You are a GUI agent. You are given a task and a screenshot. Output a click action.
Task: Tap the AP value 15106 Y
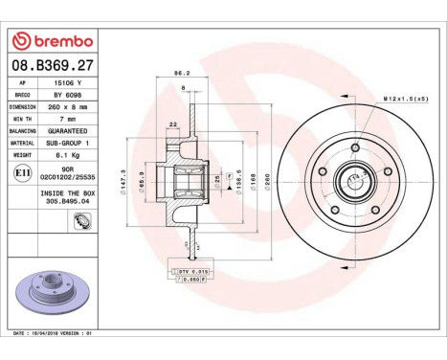point(69,85)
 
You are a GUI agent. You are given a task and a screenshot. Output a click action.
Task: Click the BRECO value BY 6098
point(69,96)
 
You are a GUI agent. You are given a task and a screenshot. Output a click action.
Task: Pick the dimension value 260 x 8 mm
point(69,107)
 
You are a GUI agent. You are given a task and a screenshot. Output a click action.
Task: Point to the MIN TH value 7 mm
point(69,119)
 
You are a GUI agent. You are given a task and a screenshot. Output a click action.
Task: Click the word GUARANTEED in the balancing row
point(69,130)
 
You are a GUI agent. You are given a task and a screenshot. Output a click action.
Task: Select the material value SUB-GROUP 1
point(69,142)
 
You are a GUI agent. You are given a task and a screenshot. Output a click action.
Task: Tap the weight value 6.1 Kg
point(69,153)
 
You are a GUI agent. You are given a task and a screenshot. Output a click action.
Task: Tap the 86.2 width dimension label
point(178,73)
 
